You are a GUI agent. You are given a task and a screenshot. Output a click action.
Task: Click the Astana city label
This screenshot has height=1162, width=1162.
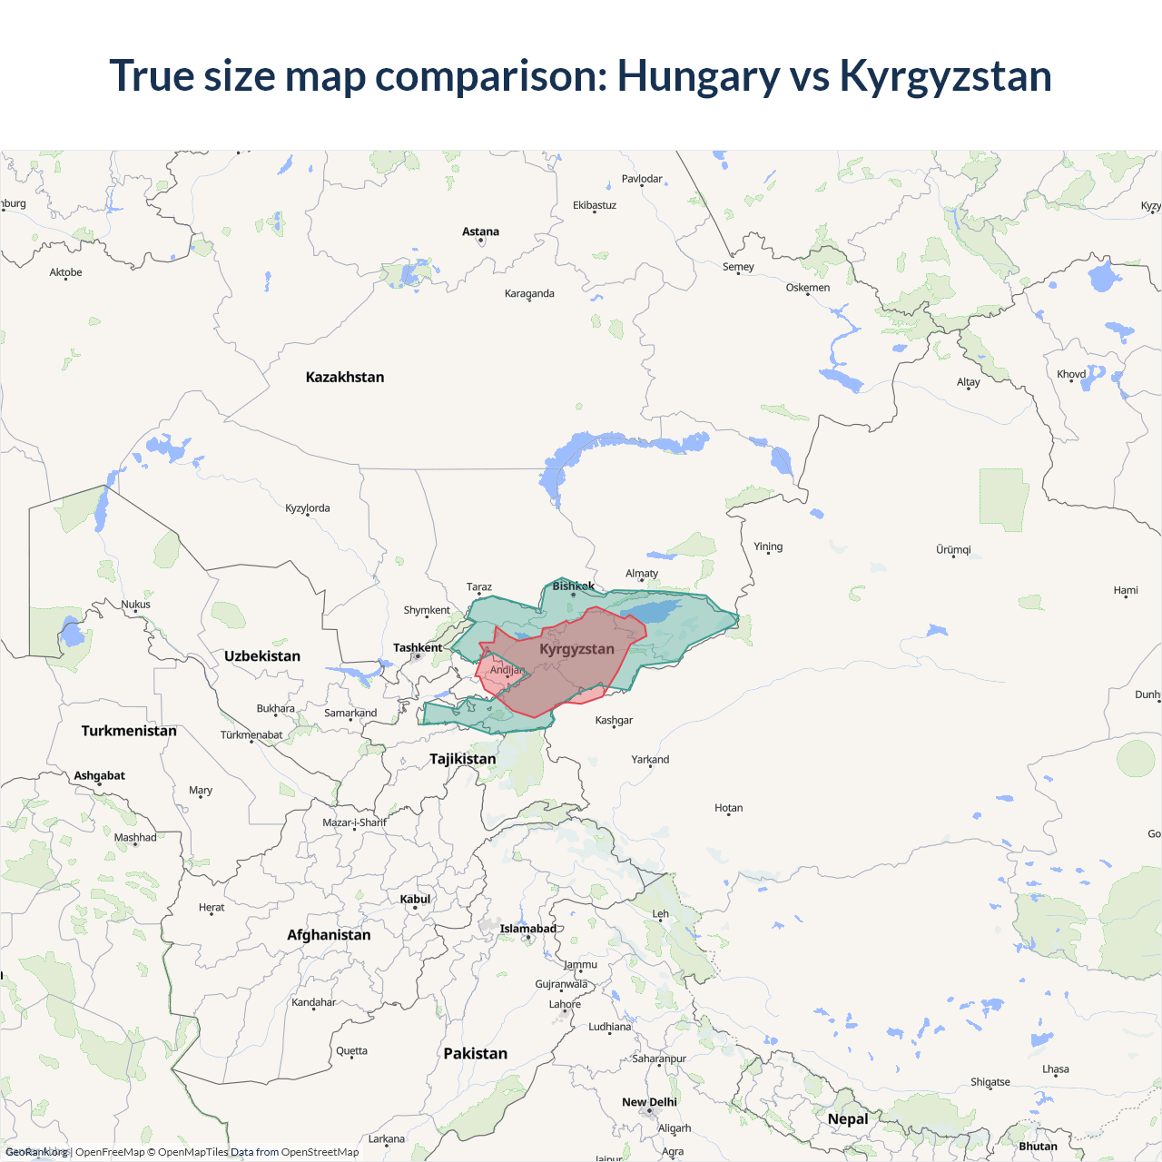pos(480,231)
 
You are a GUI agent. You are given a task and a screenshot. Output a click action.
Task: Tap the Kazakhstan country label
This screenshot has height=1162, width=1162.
pos(345,377)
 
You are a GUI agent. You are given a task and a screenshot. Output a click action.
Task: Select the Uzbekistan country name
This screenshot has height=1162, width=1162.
pos(262,655)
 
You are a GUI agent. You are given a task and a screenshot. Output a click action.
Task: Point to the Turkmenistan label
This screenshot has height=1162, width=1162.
pos(129,731)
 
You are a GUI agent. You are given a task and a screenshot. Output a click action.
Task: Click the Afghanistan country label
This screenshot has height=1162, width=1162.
pos(329,935)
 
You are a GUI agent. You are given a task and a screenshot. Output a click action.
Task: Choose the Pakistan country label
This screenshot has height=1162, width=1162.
pos(475,1053)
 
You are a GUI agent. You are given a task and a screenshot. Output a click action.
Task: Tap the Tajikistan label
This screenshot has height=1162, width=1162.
pos(463,759)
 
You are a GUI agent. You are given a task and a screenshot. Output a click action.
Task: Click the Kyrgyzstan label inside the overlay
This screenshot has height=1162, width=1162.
pos(576,649)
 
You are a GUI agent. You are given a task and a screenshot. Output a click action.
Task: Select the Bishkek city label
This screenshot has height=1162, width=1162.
pos(574,586)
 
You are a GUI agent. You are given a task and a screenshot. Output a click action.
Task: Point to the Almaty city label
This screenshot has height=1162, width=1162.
pos(642,574)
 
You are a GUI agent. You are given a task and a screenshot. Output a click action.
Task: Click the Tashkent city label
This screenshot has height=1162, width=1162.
pos(418,647)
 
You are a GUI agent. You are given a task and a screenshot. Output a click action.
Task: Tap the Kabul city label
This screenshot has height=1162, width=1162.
pos(416,899)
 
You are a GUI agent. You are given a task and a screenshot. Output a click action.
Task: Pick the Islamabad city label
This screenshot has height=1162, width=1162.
pos(528,929)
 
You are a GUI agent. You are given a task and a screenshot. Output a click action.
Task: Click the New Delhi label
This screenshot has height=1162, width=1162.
pos(649,1102)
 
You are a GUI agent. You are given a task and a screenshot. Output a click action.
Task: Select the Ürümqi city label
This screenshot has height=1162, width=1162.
pos(953,549)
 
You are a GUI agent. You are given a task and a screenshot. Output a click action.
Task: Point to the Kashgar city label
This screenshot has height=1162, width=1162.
pos(614,720)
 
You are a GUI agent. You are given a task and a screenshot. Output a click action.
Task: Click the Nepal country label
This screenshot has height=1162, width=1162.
pos(848,1118)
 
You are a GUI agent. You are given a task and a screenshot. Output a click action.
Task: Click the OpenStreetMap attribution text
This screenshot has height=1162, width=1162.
pos(320,1152)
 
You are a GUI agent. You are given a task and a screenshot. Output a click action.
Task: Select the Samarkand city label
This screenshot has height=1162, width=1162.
pos(350,713)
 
